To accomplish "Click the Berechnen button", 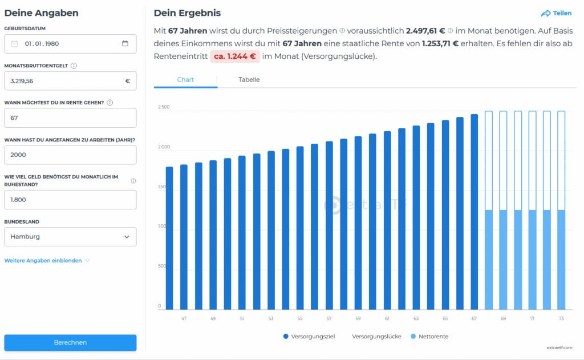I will [70, 342].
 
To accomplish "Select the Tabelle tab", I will [249, 80].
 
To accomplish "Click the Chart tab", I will [185, 80].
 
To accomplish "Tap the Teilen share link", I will [556, 13].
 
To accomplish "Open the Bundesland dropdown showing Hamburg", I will [70, 237].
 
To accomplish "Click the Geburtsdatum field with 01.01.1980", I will [70, 43].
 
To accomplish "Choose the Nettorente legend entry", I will [429, 337].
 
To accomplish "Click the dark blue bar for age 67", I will [474, 212].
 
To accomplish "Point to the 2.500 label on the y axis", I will [164, 107].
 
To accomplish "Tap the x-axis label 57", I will [329, 318].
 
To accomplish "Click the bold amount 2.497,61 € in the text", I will [425, 31].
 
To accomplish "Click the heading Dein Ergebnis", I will [187, 13].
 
